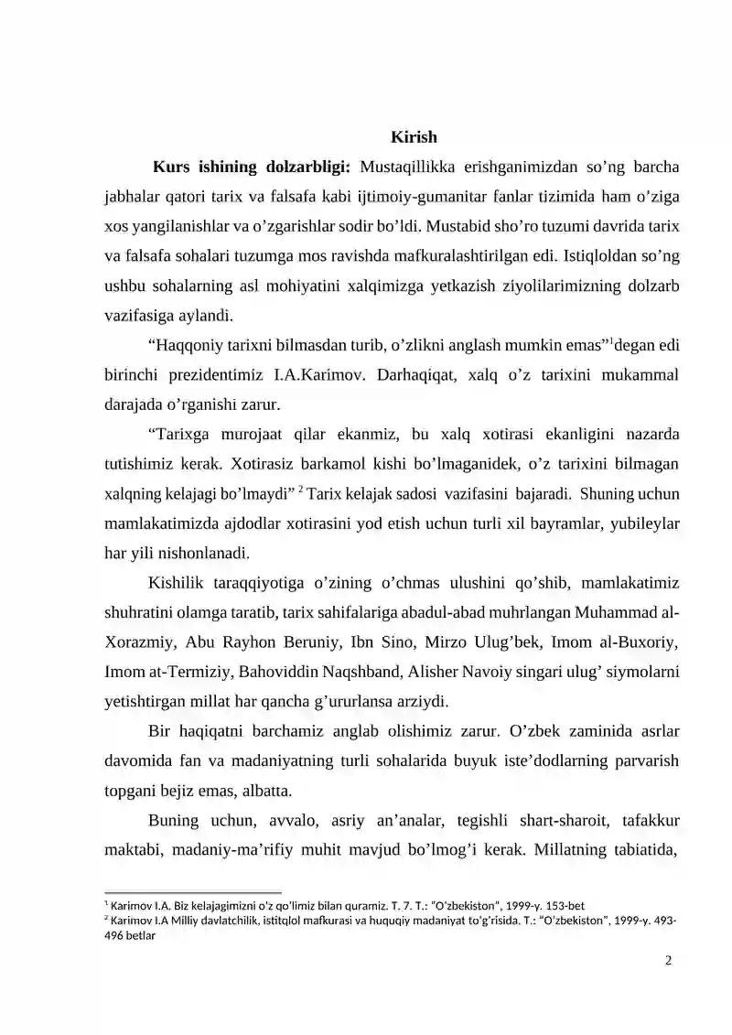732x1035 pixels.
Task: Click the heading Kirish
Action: (414, 138)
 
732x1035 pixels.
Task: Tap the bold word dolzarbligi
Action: (306, 167)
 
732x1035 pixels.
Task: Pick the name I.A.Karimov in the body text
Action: (328, 375)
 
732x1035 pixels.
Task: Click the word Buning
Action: (172, 821)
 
